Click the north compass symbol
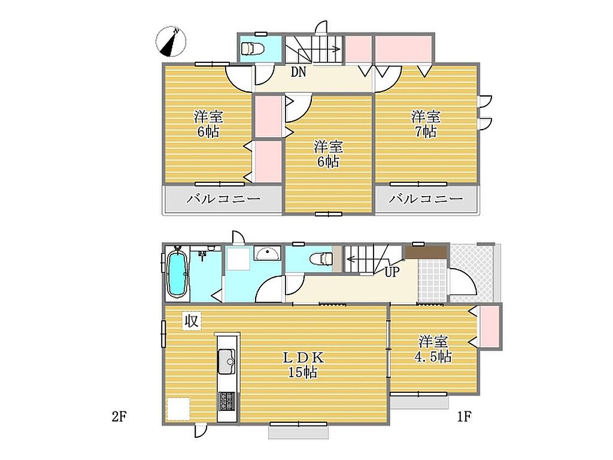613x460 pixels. click(171, 41)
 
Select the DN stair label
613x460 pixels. click(298, 72)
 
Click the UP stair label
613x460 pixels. click(392, 272)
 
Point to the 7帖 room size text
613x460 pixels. click(426, 132)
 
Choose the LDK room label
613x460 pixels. click(303, 357)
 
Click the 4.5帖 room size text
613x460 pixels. click(433, 357)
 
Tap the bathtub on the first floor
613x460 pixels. click(177, 272)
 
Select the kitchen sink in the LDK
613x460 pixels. click(226, 361)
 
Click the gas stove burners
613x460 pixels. click(227, 401)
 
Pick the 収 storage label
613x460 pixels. click(192, 321)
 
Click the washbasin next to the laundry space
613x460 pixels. click(268, 253)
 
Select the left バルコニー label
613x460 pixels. click(223, 199)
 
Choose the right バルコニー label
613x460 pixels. click(426, 199)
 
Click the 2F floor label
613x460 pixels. click(119, 416)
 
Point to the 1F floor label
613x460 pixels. click(464, 416)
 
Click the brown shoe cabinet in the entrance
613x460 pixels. click(426, 252)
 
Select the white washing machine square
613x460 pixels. click(238, 258)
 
